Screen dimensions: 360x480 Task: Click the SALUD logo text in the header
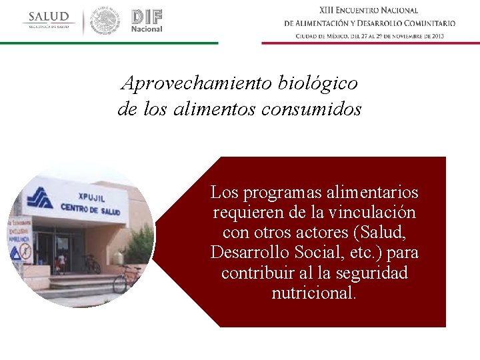coord(49,17)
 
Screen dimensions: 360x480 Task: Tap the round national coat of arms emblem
coord(105,21)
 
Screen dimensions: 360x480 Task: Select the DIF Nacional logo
coord(147,21)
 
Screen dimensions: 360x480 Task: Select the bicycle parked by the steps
coord(127,278)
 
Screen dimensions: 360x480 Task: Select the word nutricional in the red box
coord(314,293)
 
